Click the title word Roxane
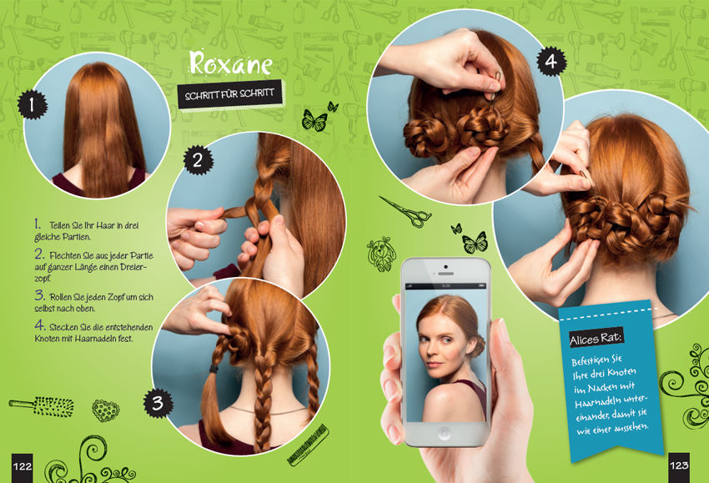(230, 63)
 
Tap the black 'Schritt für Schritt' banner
(229, 94)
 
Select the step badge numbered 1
(32, 104)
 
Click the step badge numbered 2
(198, 160)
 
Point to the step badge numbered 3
(158, 403)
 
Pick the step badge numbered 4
(551, 62)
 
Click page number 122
(23, 466)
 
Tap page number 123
(679, 465)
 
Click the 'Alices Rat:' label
(596, 338)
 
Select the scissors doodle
(406, 211)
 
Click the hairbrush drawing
(42, 406)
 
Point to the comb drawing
(309, 445)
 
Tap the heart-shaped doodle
(105, 410)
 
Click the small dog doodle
(381, 254)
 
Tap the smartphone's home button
(444, 433)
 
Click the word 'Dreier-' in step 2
(133, 267)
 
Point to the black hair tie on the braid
(213, 369)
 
